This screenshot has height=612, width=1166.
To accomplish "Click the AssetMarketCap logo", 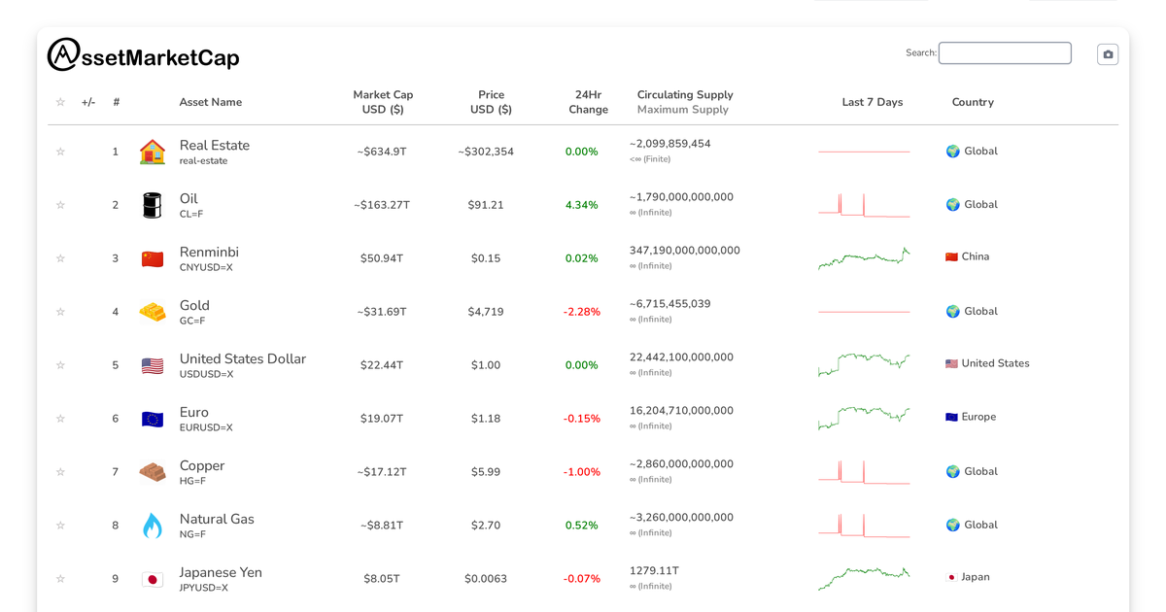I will pyautogui.click(x=143, y=56).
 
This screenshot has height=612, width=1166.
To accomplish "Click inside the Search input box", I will pyautogui.click(x=1005, y=53).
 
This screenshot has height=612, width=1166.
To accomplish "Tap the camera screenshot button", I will pyautogui.click(x=1108, y=54).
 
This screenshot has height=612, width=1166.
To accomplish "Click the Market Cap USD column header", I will pyautogui.click(x=383, y=102).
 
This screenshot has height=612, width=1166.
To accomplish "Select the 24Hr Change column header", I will pyautogui.click(x=588, y=102).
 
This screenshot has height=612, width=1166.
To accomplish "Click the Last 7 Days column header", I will pyautogui.click(x=872, y=102).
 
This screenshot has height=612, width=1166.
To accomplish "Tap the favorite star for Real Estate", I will pyautogui.click(x=60, y=152).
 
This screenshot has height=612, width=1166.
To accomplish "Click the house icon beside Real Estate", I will pyautogui.click(x=153, y=152).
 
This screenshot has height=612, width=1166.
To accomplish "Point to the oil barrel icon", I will pyautogui.click(x=153, y=205).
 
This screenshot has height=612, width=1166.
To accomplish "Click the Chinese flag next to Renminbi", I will pyautogui.click(x=153, y=258).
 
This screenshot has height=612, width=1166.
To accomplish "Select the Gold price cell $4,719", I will pyautogui.click(x=486, y=312).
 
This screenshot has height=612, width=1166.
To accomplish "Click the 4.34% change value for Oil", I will pyautogui.click(x=581, y=205).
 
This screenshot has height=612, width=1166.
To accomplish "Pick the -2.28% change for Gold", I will pyautogui.click(x=581, y=312).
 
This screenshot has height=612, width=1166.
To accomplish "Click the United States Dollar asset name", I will pyautogui.click(x=243, y=359).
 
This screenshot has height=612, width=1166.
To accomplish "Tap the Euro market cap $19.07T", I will pyautogui.click(x=383, y=419).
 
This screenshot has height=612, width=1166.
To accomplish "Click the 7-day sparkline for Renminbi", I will pyautogui.click(x=864, y=258).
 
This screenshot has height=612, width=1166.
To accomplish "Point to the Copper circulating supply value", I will pyautogui.click(x=681, y=464).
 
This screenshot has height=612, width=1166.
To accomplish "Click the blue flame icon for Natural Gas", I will pyautogui.click(x=153, y=526).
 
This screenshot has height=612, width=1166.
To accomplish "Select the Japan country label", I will pyautogui.click(x=975, y=577).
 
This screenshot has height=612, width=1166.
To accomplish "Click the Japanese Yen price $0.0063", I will pyautogui.click(x=486, y=579).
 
